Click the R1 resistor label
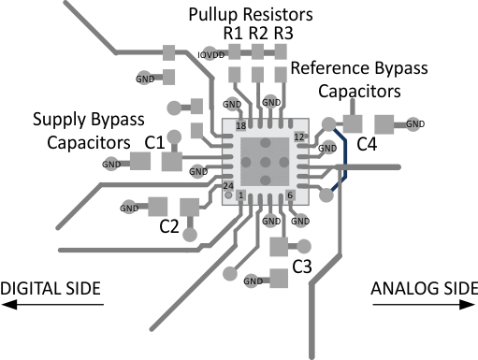pos(233,34)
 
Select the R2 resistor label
pos(259,34)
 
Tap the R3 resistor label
pos(284,34)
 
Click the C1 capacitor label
pos(155,142)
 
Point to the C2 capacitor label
pos(169,225)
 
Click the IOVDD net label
pos(211,55)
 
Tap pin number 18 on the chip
pos(240,125)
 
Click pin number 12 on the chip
pos(299,137)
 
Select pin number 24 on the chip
pos(228,184)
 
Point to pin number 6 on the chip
pos(290,195)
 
